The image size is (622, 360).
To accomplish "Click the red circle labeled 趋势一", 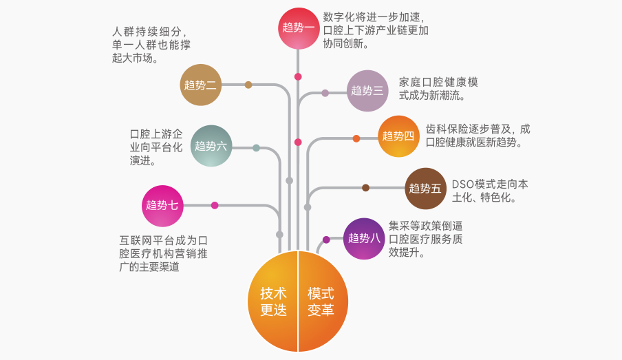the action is (299, 29).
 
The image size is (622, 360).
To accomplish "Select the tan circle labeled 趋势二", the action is (201, 85).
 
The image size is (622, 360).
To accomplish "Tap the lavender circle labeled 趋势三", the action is (367, 91).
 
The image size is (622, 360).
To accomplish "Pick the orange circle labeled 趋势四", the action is (398, 136).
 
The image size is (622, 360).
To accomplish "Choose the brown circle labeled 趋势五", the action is (426, 188).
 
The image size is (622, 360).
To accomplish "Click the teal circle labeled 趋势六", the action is (211, 146).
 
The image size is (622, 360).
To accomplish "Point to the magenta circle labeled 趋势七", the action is (162, 206).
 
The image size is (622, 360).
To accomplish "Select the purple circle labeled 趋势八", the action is (364, 239).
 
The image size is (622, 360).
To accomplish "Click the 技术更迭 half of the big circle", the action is (273, 301).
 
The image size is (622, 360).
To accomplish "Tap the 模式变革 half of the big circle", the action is (323, 301).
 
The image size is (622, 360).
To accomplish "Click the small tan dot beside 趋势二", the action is (248, 85).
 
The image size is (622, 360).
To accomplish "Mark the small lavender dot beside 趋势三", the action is (325, 94).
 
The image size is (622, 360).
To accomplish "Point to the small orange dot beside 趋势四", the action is (356, 138).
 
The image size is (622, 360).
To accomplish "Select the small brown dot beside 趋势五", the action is (366, 188).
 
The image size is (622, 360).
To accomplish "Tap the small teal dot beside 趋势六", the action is (256, 148).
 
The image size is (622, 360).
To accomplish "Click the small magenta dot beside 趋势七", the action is (215, 205).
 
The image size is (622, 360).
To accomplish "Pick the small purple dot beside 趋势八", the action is (326, 240).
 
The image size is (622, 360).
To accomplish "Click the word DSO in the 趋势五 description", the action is (463, 184).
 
